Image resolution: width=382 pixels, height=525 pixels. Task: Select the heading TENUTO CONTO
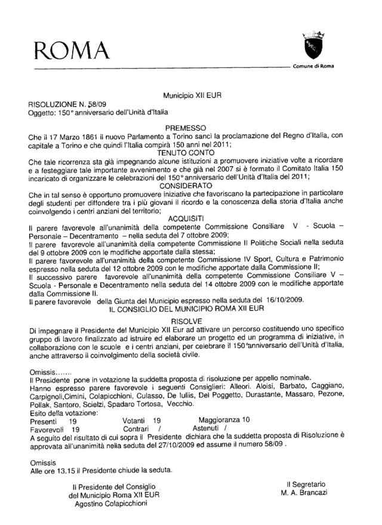[x=186, y=152]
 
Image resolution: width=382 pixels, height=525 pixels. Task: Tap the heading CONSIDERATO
[x=186, y=186]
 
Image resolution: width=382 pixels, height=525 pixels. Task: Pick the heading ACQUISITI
[x=186, y=218]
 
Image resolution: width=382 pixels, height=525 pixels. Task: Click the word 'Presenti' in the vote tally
[x=42, y=420]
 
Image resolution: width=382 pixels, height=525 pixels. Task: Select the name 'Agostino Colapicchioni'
[x=113, y=503]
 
